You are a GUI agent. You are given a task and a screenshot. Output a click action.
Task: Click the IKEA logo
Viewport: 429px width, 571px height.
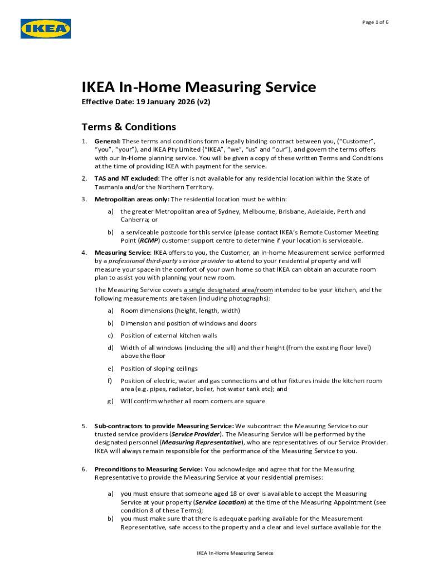tap(46, 29)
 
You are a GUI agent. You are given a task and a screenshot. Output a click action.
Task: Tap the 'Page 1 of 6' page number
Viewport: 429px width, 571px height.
tap(375, 22)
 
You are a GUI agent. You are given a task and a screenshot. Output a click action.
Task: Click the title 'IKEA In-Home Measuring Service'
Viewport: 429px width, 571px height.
tap(199, 88)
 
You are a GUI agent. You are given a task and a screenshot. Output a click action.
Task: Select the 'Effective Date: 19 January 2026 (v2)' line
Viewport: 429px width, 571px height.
tap(146, 103)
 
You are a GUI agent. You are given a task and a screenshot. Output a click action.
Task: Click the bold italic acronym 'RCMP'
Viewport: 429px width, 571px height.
tap(148, 240)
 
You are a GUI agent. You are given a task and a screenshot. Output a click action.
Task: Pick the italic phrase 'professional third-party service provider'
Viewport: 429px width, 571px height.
tap(167, 261)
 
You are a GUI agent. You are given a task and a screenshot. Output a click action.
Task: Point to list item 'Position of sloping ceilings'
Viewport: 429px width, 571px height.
tap(159, 369)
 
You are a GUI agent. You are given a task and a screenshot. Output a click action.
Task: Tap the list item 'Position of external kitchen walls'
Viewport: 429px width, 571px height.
tap(169, 336)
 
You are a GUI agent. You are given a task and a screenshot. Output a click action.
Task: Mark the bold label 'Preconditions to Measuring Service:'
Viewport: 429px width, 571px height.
tap(148, 470)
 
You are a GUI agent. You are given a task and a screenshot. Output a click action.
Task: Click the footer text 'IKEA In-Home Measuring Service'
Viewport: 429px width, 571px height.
tap(235, 553)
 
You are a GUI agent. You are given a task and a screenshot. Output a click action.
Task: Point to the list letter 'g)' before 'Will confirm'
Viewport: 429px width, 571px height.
tap(110, 401)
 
